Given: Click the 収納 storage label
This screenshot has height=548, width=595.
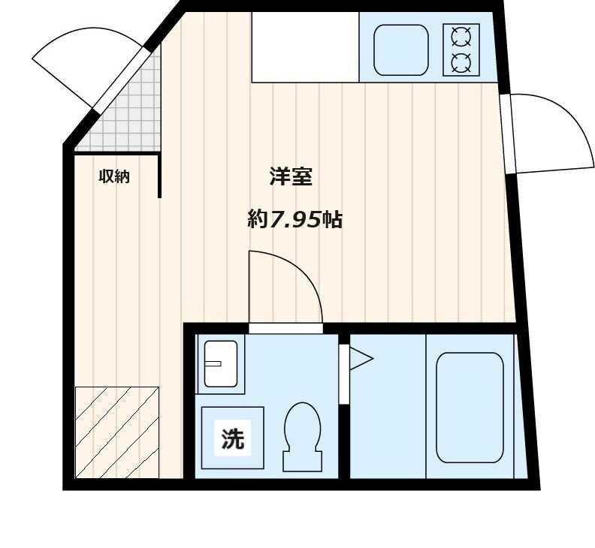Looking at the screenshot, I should (x=114, y=177).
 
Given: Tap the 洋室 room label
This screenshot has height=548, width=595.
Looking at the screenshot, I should (x=291, y=177).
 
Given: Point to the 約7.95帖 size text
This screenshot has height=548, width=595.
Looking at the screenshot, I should (x=294, y=220).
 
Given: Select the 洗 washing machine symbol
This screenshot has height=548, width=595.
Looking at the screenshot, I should (x=233, y=438).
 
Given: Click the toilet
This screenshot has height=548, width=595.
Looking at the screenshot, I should (x=302, y=435).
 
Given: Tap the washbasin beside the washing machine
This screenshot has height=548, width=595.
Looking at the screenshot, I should (x=220, y=363).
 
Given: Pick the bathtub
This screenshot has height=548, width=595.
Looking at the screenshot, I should (x=470, y=407).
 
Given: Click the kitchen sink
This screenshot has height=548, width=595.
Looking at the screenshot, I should (x=400, y=50).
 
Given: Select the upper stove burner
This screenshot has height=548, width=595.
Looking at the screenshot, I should (x=461, y=35).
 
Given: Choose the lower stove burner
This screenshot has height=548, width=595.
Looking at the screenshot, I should (x=461, y=62).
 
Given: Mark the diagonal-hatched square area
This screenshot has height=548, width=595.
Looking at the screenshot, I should (x=117, y=432).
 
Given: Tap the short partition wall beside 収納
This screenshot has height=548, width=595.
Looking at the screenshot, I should (x=160, y=175).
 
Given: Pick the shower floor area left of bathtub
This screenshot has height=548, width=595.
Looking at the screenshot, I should (x=387, y=409).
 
